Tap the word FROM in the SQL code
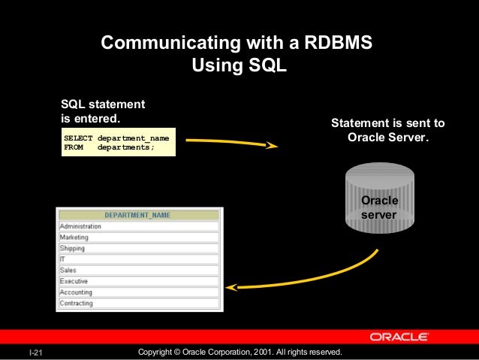(x=74, y=147)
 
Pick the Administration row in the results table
(x=81, y=226)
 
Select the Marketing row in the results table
(x=74, y=237)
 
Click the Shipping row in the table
(x=73, y=248)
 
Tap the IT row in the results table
(x=62, y=259)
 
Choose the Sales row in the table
(x=68, y=270)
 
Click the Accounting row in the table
(x=77, y=292)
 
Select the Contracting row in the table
(x=77, y=304)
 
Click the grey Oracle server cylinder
(x=379, y=199)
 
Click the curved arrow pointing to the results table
(x=315, y=278)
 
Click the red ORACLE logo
(x=399, y=337)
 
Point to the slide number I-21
(x=35, y=352)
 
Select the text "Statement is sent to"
(x=388, y=123)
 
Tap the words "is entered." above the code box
(x=89, y=119)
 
